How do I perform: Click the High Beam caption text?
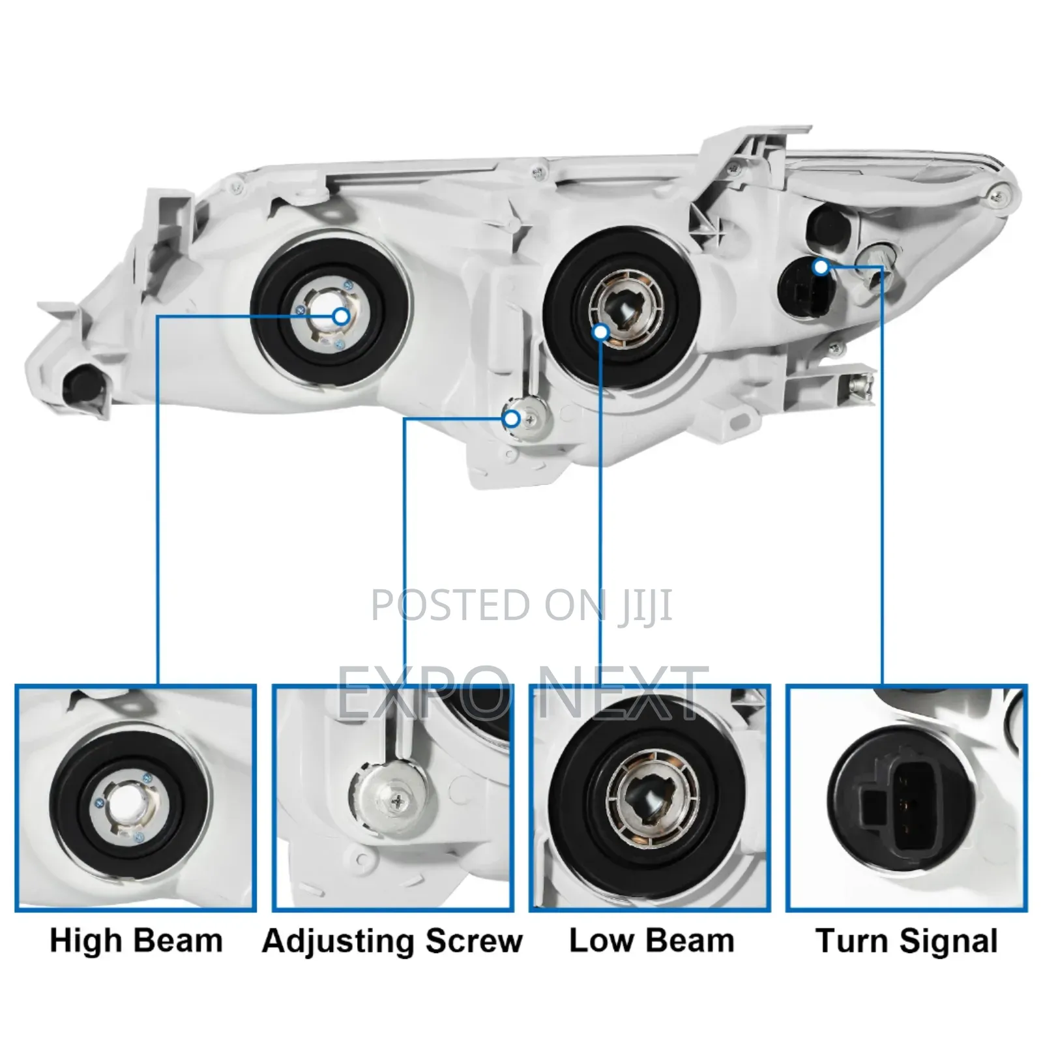click(136, 941)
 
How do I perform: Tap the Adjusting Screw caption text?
click(392, 941)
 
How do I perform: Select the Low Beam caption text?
click(651, 941)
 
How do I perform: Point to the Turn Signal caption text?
click(907, 941)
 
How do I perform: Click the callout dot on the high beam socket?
click(341, 317)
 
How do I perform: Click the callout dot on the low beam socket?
click(601, 332)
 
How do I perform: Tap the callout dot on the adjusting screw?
click(512, 419)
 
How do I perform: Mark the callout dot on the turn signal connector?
click(821, 267)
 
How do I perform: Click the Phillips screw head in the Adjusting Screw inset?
click(397, 803)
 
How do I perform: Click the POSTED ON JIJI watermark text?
click(521, 605)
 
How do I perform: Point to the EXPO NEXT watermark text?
click(521, 692)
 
